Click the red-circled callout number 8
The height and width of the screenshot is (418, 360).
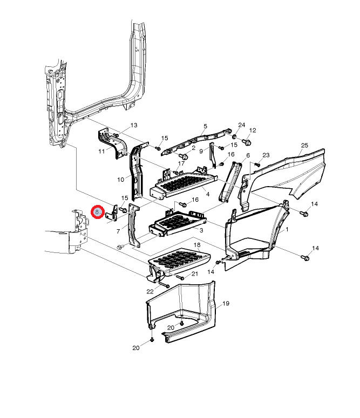(97, 212)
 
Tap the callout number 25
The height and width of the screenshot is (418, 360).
(304, 145)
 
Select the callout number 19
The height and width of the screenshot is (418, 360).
(226, 303)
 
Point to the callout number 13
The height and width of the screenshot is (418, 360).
(134, 125)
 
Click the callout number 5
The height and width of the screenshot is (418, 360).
(205, 126)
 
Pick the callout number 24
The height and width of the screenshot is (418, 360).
(241, 125)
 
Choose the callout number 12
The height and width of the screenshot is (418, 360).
(253, 131)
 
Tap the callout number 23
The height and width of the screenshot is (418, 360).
(266, 155)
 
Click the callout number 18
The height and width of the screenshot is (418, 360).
(197, 245)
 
